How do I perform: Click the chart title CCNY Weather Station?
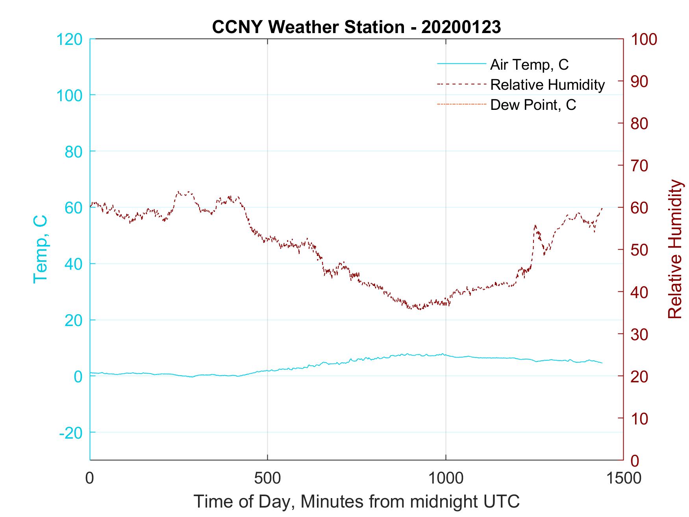(x=356, y=27)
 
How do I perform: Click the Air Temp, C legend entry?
(x=529, y=65)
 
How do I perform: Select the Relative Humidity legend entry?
(x=547, y=85)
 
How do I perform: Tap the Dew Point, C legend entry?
(x=533, y=105)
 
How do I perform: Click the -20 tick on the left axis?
(x=70, y=433)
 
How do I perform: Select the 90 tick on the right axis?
(x=640, y=82)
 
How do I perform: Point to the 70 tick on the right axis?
(x=640, y=166)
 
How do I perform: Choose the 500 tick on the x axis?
(x=267, y=478)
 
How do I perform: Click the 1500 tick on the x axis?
(x=623, y=478)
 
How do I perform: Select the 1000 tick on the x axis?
(x=446, y=478)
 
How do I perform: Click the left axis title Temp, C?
(x=41, y=249)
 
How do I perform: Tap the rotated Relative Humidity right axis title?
(x=675, y=249)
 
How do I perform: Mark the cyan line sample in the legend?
(x=461, y=64)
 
